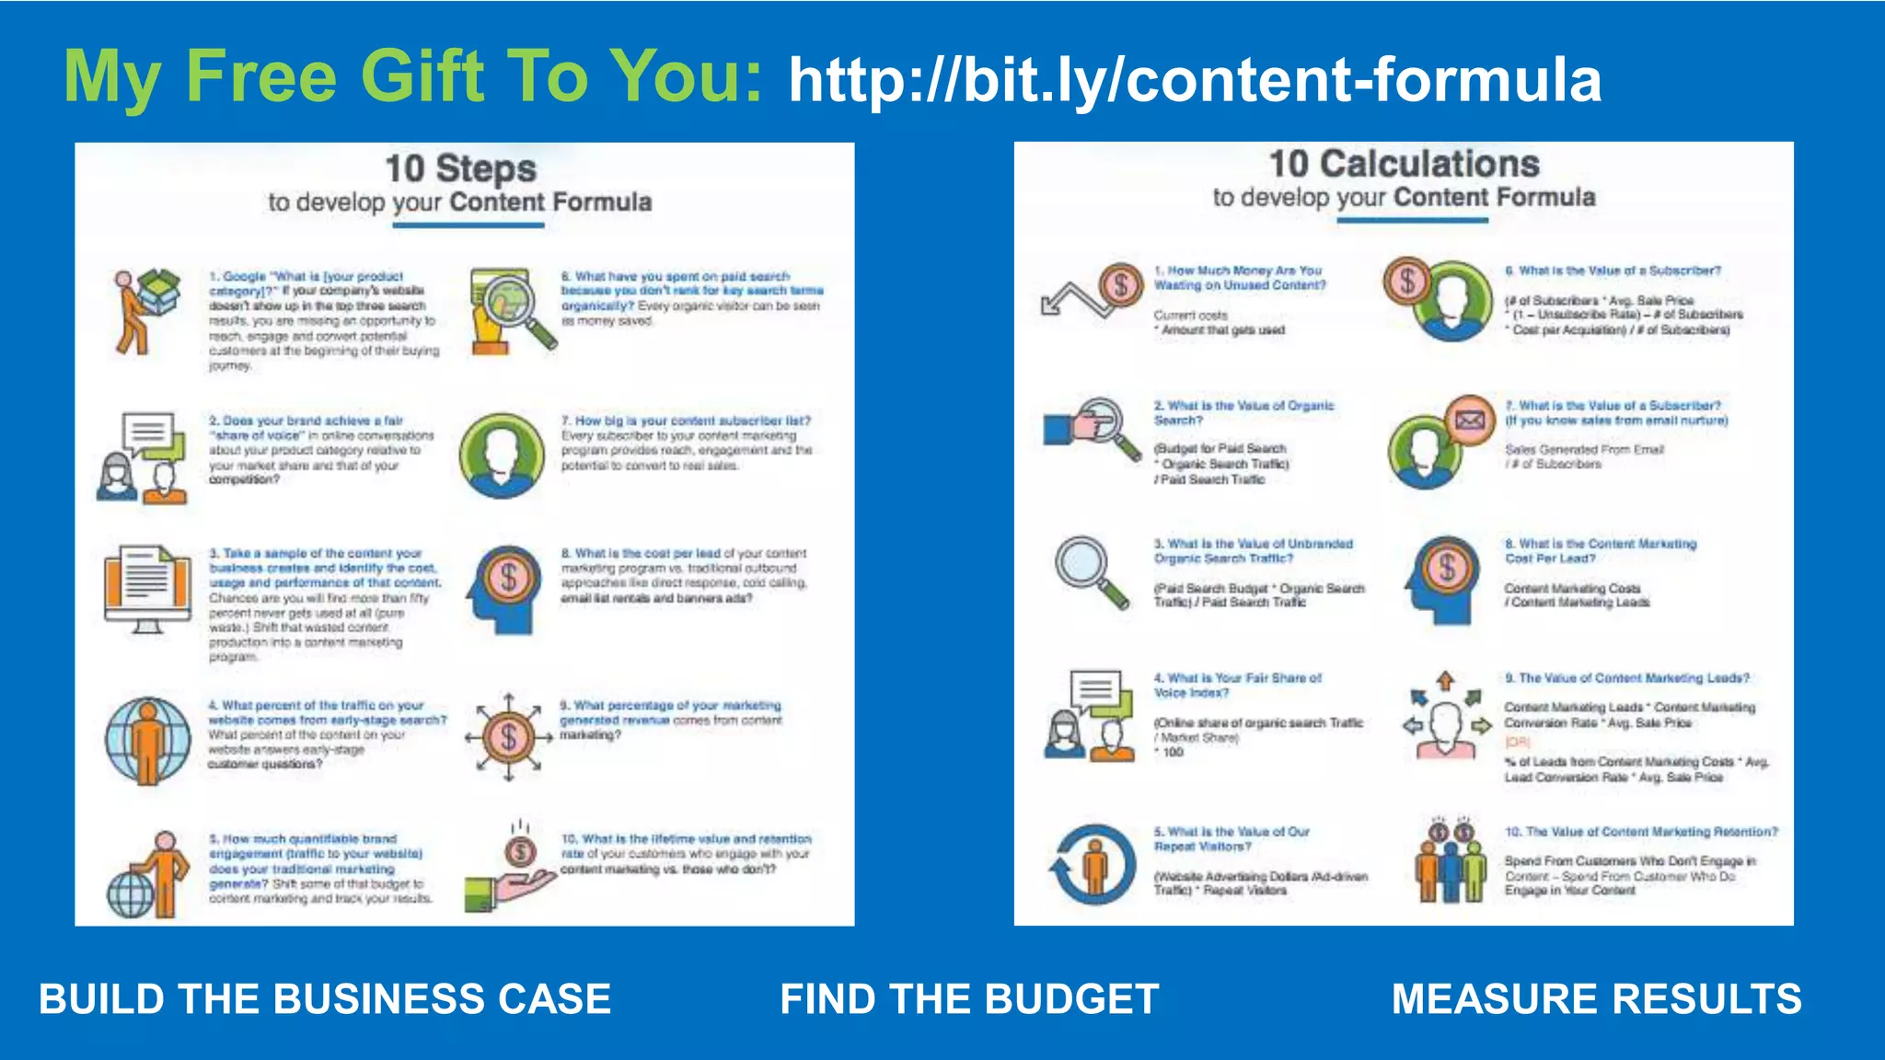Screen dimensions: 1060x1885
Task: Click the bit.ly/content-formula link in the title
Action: pyautogui.click(x=1195, y=80)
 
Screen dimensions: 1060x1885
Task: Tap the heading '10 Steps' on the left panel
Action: pyautogui.click(x=460, y=169)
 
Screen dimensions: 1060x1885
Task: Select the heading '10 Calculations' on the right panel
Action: pyautogui.click(x=1404, y=165)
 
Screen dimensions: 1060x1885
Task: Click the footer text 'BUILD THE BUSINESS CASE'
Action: pyautogui.click(x=325, y=999)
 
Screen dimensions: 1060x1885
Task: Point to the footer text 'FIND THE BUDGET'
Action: pyautogui.click(x=969, y=999)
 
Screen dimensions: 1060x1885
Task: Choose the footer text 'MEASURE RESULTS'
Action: pyautogui.click(x=1596, y=999)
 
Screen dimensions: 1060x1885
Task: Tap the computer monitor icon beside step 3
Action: pyautogui.click(x=147, y=589)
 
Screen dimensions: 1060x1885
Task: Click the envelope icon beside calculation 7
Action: pyautogui.click(x=1470, y=421)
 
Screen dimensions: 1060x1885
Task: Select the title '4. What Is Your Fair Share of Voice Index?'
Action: pyautogui.click(x=1237, y=686)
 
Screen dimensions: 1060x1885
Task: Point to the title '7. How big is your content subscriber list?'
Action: pyautogui.click(x=686, y=421)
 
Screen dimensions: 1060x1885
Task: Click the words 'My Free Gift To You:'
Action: pyautogui.click(x=413, y=76)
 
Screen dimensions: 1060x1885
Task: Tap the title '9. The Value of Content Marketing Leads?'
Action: pyautogui.click(x=1626, y=678)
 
